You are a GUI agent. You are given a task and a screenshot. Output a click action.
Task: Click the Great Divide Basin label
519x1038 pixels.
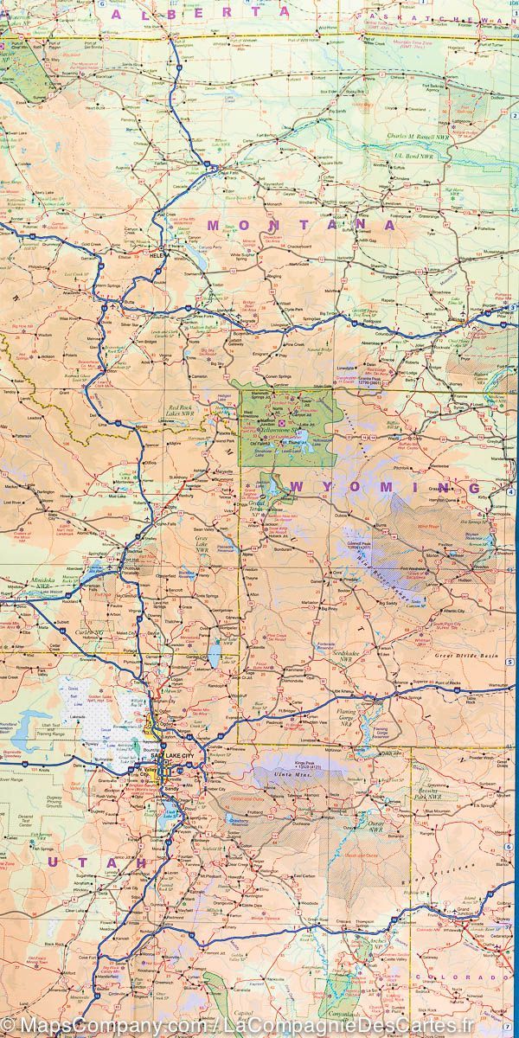(x=473, y=657)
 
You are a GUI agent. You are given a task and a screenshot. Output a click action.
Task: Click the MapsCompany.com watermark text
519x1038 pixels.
(x=94, y=1026)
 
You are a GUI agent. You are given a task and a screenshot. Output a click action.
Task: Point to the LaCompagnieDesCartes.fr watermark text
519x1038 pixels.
(x=346, y=1026)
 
